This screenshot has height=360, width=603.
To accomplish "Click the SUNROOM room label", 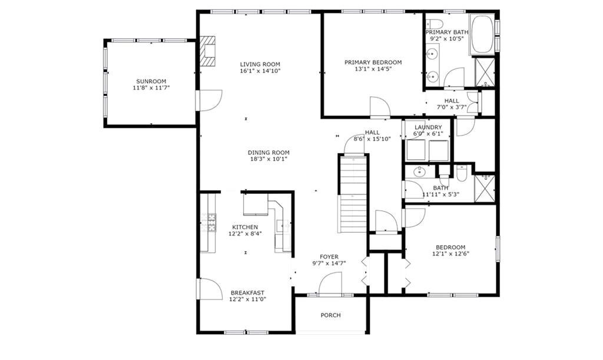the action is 151,81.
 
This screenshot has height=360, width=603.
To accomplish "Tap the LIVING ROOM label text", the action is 260,64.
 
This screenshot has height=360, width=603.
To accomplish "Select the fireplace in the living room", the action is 208,51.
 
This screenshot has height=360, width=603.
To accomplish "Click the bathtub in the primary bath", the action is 482,34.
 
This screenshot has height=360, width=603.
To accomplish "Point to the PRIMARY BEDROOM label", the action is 373,62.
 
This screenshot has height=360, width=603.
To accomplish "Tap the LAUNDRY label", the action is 428,127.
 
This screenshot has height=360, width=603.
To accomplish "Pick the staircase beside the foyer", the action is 353,193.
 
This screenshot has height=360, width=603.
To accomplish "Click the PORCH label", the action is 331,315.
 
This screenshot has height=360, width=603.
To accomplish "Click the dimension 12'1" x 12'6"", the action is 450,254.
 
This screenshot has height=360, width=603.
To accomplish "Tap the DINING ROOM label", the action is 269,152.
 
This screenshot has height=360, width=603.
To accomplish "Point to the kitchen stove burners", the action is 212,222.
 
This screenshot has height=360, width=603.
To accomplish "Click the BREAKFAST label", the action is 247,293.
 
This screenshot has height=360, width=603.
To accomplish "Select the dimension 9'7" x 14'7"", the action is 329,263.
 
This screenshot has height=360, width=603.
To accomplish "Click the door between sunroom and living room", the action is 209,100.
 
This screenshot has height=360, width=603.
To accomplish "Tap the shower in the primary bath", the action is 485,71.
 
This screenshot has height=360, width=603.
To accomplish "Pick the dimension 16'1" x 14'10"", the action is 260,71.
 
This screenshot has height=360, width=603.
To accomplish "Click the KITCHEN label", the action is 245,227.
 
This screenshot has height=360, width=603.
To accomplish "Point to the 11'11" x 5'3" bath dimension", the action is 440,194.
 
